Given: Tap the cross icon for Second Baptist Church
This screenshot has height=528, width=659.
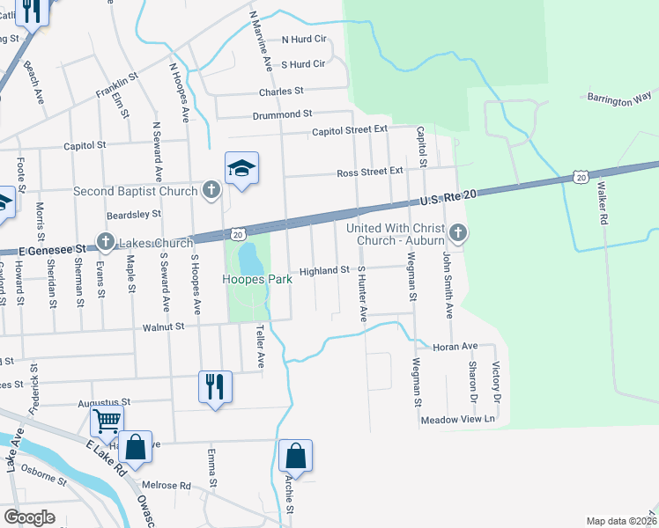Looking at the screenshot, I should [x=211, y=189].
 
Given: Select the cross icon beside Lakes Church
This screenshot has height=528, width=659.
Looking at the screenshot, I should [x=105, y=242].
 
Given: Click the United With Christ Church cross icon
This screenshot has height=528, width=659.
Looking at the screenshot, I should [x=457, y=233].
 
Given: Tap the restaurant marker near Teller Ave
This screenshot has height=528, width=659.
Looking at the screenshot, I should [x=216, y=385].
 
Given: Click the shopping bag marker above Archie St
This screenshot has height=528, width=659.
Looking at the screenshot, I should [x=296, y=456].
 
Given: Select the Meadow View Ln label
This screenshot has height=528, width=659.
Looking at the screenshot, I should [x=458, y=420].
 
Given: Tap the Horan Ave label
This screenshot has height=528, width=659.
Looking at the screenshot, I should [x=455, y=347].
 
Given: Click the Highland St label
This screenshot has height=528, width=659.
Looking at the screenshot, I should [x=324, y=271].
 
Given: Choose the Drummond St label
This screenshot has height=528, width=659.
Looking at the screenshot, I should [x=283, y=114].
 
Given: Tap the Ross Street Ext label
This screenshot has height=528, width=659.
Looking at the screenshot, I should [x=369, y=172].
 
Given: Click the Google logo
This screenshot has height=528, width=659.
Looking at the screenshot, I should [x=29, y=517].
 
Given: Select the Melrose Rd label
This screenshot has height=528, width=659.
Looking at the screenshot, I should [x=167, y=485].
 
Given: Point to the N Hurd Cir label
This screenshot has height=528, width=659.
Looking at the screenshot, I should [x=304, y=40].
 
